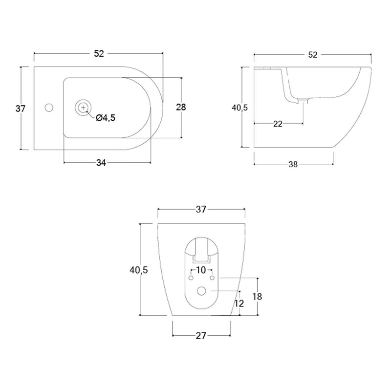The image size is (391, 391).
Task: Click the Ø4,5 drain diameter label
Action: (106, 118)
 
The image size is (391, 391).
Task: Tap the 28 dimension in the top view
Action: (181, 107)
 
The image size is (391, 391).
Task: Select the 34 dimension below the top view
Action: (101, 163)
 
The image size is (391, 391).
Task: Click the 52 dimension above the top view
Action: (99, 54)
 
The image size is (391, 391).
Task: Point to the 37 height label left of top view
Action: (21, 109)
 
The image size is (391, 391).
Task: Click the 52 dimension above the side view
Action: (313, 55)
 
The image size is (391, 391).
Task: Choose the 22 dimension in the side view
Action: (278, 124)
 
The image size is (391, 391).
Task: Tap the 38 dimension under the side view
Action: (293, 164)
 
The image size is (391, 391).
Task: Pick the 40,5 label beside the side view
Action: (239, 108)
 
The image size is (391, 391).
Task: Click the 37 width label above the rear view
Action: (201, 210)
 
